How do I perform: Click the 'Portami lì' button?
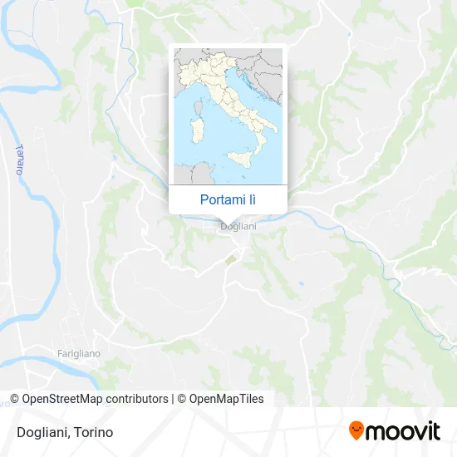coord(228,199)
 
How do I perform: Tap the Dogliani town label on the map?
coord(238,226)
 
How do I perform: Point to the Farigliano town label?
coord(79,353)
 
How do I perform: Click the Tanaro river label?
coord(18,159)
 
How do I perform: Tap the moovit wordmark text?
coord(404,430)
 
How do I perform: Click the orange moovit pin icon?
coord(356,431)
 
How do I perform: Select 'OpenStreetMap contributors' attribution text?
coord(95,399)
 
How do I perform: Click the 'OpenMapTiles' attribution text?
coord(227,399)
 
